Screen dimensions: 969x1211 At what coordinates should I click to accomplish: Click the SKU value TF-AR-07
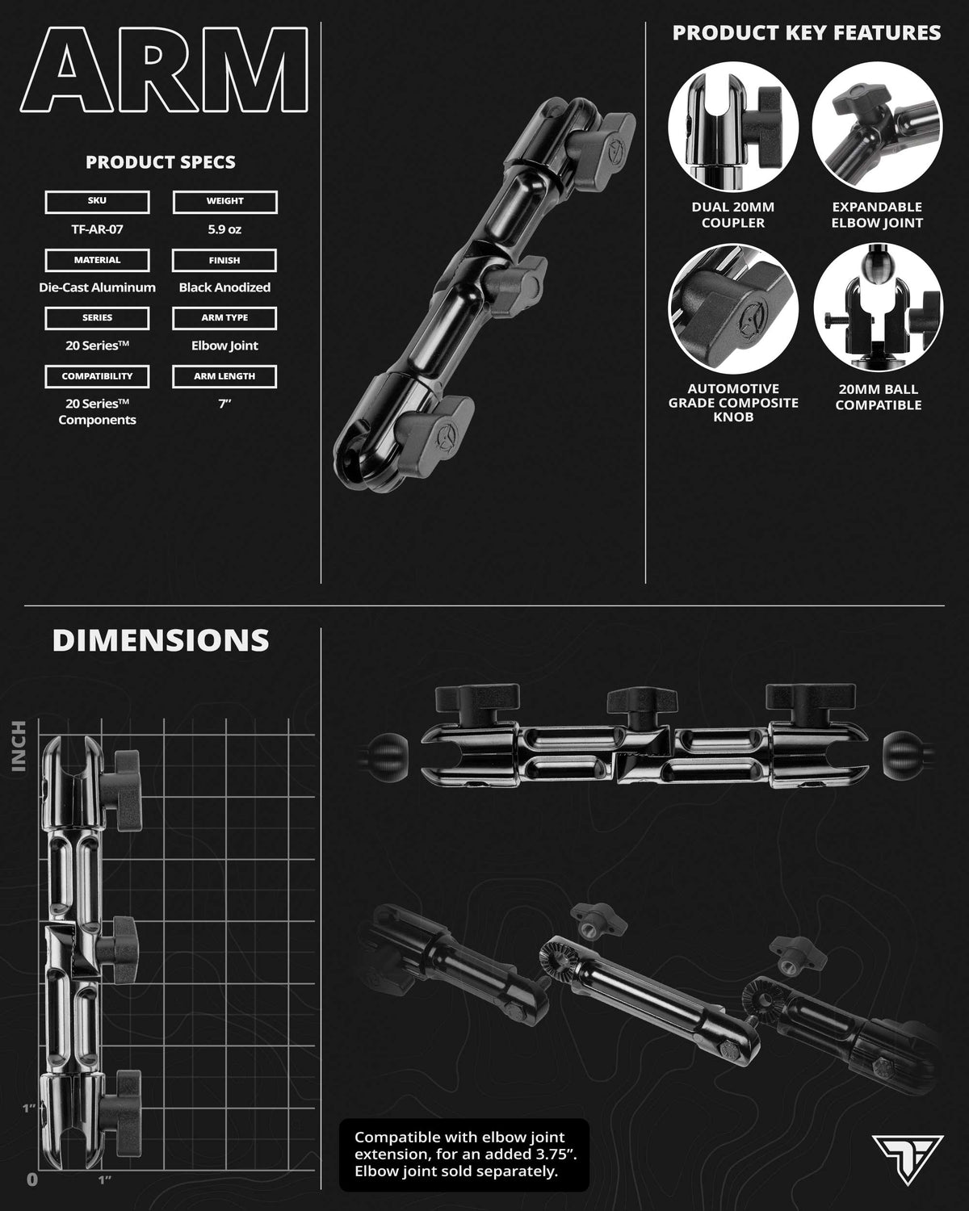pyautogui.click(x=97, y=229)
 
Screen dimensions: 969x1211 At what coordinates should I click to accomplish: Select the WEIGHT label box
pyautogui.click(x=224, y=202)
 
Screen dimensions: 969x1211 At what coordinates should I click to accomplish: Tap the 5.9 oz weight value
pyautogui.click(x=224, y=229)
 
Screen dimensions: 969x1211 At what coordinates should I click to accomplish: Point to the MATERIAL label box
pyautogui.click(x=97, y=261)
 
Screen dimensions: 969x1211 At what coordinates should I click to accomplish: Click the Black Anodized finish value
pyautogui.click(x=224, y=287)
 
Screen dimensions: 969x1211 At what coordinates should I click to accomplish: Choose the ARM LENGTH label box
pyautogui.click(x=224, y=376)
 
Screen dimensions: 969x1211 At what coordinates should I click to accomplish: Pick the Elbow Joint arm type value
pyautogui.click(x=224, y=346)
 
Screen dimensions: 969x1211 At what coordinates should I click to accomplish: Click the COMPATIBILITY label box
pyautogui.click(x=97, y=376)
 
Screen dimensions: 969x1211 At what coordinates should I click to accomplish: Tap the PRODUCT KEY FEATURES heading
pyautogui.click(x=806, y=32)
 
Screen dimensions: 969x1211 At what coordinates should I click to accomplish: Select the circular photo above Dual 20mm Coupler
pyautogui.click(x=733, y=127)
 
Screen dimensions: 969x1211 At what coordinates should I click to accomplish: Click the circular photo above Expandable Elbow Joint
pyautogui.click(x=877, y=127)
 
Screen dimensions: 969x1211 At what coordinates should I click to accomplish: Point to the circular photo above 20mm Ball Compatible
pyautogui.click(x=879, y=308)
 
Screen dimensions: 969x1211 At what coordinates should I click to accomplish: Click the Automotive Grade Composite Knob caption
pyautogui.click(x=733, y=403)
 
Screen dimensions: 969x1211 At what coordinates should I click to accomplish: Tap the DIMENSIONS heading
pyautogui.click(x=161, y=640)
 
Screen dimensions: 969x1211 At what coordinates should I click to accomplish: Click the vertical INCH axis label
pyautogui.click(x=19, y=746)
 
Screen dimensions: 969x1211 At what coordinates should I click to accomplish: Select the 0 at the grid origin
pyautogui.click(x=32, y=1180)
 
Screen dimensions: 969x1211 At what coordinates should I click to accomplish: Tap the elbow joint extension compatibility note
pyautogui.click(x=465, y=1154)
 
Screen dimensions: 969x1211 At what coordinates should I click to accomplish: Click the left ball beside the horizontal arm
pyautogui.click(x=388, y=756)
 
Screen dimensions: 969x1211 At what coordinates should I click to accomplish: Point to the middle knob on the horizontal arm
pyautogui.click(x=642, y=705)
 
